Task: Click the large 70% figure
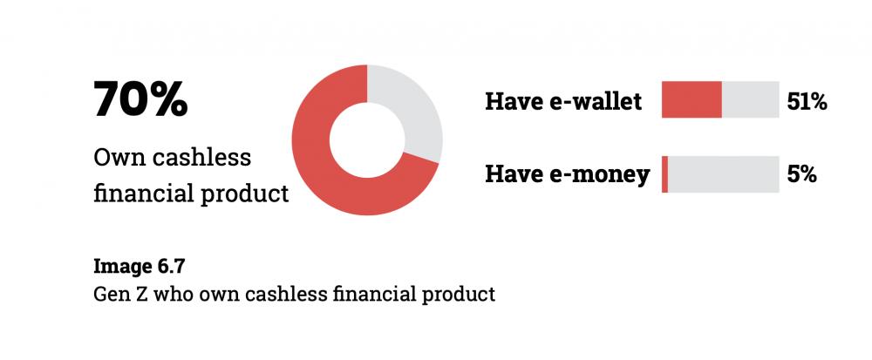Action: coord(140,100)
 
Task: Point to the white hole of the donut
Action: coord(367,140)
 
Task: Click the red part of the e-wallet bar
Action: coord(691,99)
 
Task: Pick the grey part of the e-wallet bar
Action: coord(750,99)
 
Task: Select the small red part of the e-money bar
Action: coord(664,174)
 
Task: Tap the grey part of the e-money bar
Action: coord(724,174)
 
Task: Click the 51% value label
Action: coord(807,102)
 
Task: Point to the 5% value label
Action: coord(801,175)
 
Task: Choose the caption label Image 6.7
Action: coord(139,267)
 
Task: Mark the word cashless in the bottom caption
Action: coord(285,294)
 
